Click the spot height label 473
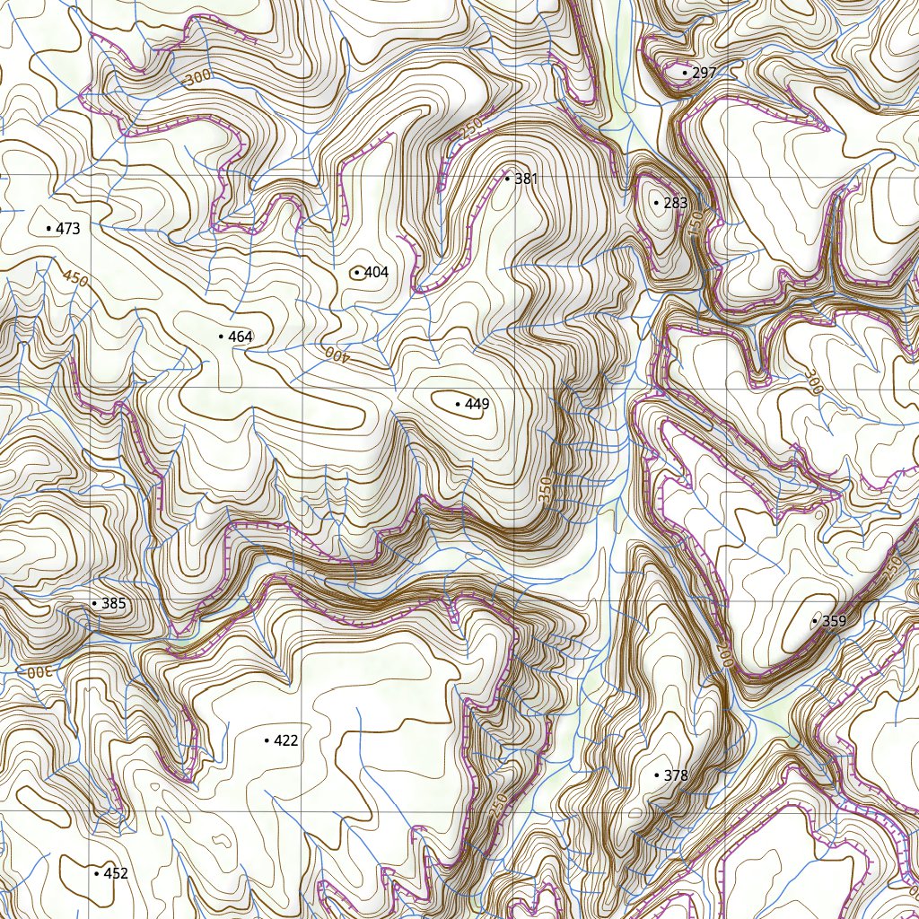67,229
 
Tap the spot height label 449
477,405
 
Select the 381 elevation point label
526,179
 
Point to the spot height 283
675,204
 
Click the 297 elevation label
705,73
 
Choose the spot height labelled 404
376,272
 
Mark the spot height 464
241,337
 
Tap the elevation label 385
113,604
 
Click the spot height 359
834,621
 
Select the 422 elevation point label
285,740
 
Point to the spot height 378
675,775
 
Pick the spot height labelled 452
116,873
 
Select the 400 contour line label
336,354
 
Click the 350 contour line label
545,490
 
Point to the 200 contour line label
725,653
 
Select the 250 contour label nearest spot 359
891,569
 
